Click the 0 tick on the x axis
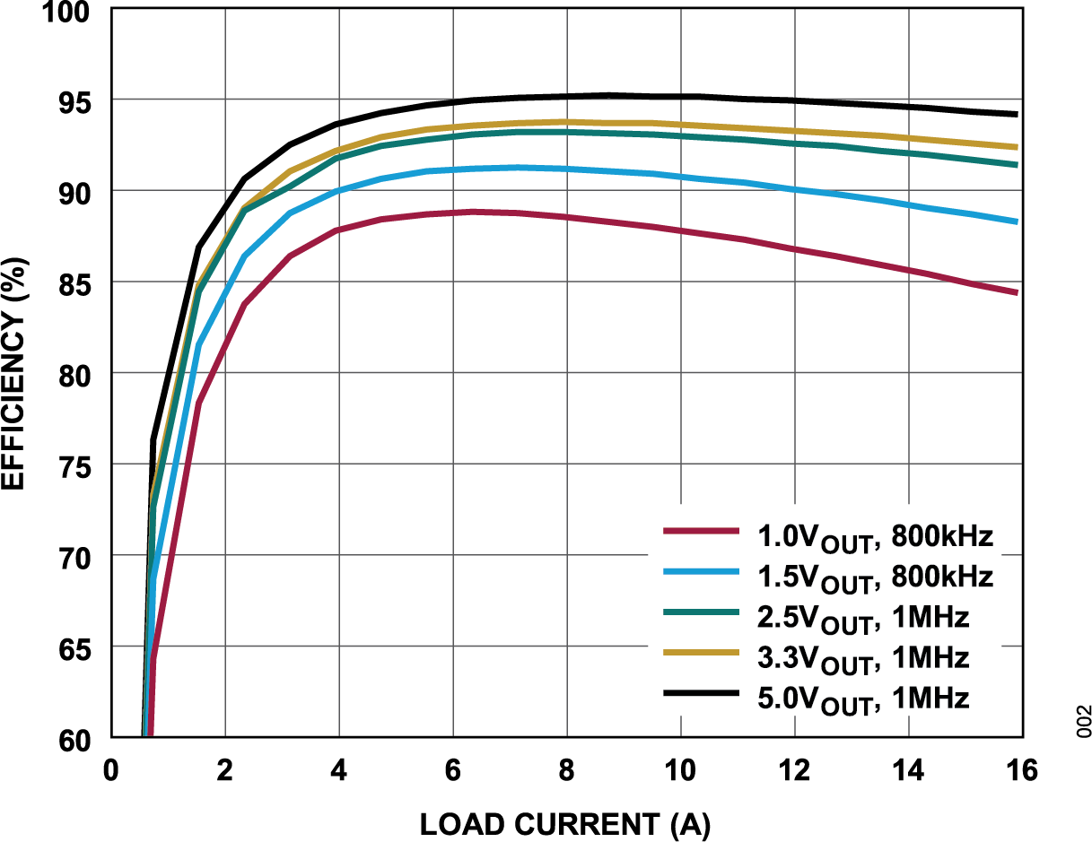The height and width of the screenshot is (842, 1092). click(x=111, y=770)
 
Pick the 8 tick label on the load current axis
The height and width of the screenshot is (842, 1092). click(x=566, y=770)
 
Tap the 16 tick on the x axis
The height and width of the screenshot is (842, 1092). click(x=1020, y=770)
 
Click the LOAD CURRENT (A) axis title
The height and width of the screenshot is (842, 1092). click(x=564, y=823)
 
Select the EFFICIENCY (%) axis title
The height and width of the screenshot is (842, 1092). click(x=14, y=374)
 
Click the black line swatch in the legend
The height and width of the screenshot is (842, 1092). click(x=701, y=693)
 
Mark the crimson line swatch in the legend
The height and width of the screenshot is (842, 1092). click(x=701, y=532)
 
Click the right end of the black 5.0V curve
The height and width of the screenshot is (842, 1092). click(x=1017, y=114)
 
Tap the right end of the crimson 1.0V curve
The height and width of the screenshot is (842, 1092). click(x=1017, y=292)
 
